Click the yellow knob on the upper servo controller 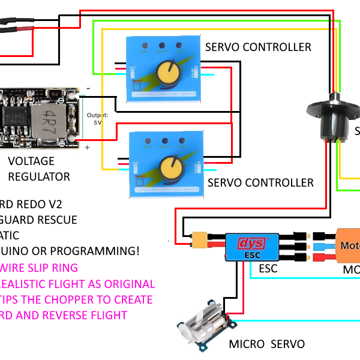click(x=168, y=73)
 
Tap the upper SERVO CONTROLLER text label click(x=258, y=47)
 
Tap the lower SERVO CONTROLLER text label click(x=260, y=182)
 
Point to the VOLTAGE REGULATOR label click(x=39, y=169)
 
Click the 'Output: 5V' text click(x=97, y=118)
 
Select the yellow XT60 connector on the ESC click(x=200, y=241)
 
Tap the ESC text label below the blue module click(x=268, y=268)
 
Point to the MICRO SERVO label click(x=266, y=344)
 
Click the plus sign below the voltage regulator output click(x=88, y=147)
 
